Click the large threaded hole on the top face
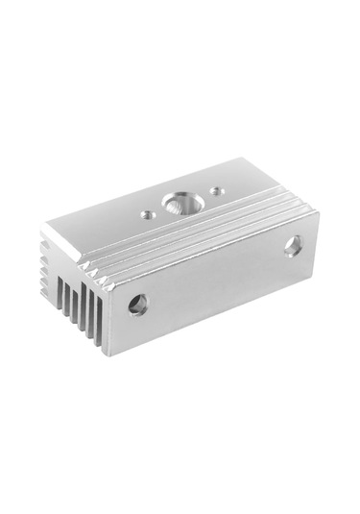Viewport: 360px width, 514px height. point(203,204)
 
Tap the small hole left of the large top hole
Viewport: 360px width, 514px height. point(173,214)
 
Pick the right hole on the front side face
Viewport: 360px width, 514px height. point(292,245)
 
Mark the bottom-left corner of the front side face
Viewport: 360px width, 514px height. point(108,355)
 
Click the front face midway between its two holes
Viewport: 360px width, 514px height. point(216,276)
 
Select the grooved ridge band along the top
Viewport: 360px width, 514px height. point(192,240)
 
